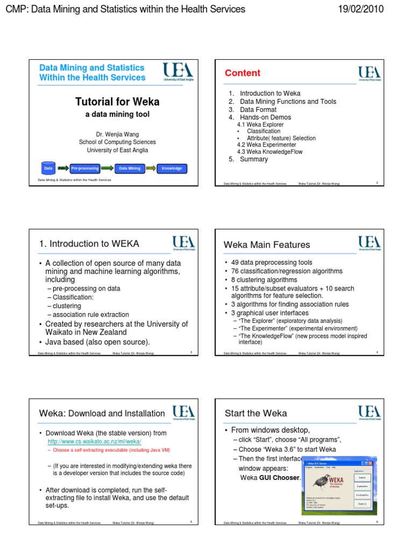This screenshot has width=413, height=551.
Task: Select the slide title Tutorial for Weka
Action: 117,102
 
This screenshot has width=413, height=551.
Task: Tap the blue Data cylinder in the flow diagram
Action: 48,168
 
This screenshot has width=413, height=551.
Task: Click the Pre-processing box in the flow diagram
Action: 85,168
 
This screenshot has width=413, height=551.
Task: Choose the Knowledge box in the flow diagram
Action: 172,168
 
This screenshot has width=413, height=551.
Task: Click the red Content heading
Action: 242,73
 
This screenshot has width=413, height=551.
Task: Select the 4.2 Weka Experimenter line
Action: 266,145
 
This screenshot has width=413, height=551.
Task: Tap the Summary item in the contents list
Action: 253,159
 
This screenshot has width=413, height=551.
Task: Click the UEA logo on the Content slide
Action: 371,74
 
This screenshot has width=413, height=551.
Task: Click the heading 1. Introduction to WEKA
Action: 89,244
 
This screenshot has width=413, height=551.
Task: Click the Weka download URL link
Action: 94,441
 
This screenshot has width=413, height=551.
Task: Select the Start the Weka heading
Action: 255,413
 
